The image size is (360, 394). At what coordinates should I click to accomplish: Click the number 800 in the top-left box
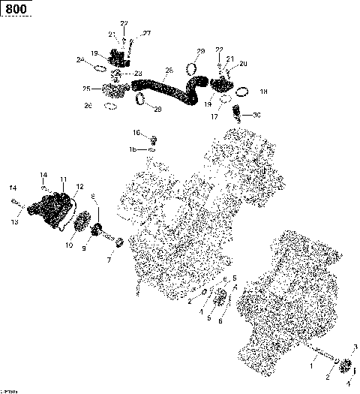click(15, 9)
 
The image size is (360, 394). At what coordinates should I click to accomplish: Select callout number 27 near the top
click(147, 33)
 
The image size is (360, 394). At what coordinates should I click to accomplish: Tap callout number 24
click(79, 59)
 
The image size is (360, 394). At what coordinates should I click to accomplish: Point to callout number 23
click(138, 73)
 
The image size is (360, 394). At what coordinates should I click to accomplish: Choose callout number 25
click(86, 89)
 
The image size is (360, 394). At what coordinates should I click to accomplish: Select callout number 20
click(243, 64)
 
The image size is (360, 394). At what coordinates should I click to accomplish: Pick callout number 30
click(256, 115)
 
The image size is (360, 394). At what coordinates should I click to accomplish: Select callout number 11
click(63, 179)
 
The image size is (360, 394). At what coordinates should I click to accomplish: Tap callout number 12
click(79, 186)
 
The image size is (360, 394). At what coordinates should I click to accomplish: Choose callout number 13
click(14, 222)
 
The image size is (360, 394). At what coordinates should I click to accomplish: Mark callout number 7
click(109, 260)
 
